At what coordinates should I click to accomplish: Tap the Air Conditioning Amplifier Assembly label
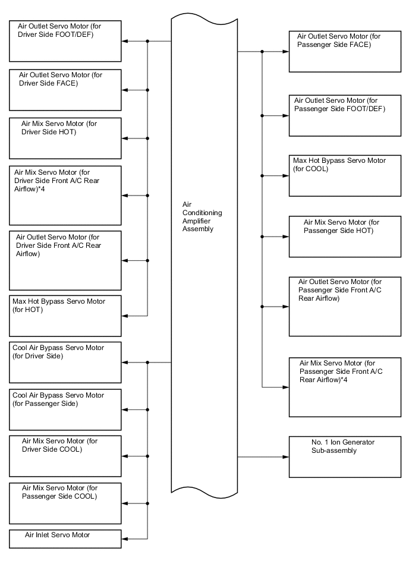(x=198, y=216)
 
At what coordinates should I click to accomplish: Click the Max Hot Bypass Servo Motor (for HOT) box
(x=65, y=315)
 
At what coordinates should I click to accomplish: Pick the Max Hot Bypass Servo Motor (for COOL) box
(x=344, y=176)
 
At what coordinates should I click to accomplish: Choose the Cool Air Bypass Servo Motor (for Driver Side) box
(x=65, y=362)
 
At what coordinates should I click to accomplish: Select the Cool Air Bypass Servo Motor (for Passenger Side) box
(x=65, y=409)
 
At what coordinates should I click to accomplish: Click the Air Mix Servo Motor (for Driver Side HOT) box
(x=65, y=138)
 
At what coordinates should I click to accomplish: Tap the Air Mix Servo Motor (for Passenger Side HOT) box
(x=344, y=237)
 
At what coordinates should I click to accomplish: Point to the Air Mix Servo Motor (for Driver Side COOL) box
(x=65, y=456)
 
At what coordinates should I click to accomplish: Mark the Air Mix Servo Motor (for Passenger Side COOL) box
(x=65, y=503)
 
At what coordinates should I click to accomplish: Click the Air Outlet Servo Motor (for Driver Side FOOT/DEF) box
(x=65, y=41)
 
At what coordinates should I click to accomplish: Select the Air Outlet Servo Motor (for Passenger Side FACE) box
(x=344, y=52)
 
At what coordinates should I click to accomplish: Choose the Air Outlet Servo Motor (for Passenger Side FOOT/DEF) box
(x=344, y=115)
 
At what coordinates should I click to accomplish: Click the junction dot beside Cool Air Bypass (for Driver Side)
(x=147, y=362)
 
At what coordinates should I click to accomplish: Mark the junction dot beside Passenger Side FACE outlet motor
(x=262, y=52)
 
